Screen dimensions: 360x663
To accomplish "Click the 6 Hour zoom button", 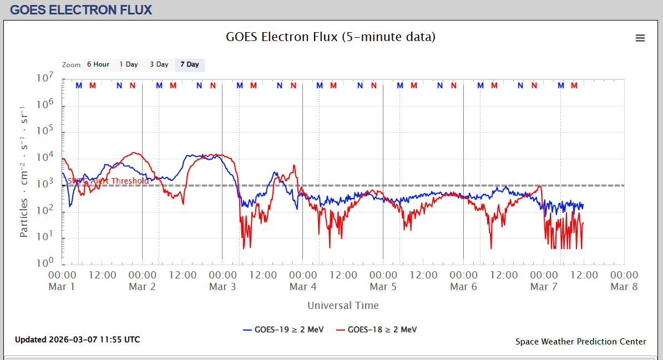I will pyautogui.click(x=98, y=65).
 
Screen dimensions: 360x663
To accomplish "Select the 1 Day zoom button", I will pyautogui.click(x=129, y=65).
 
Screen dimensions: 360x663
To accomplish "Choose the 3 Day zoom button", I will pyautogui.click(x=159, y=65).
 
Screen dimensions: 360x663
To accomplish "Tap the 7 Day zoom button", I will pyautogui.click(x=190, y=65).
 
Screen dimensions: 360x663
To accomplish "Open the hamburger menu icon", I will pyautogui.click(x=640, y=38).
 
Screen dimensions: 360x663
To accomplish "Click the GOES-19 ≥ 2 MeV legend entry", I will pyautogui.click(x=282, y=329).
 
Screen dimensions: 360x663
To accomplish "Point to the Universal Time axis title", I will pyautogui.click(x=343, y=306).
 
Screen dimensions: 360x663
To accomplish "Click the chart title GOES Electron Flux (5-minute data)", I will pyautogui.click(x=331, y=37).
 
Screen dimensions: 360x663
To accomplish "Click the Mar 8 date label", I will pyautogui.click(x=624, y=287).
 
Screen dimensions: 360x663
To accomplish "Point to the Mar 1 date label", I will pyautogui.click(x=62, y=287).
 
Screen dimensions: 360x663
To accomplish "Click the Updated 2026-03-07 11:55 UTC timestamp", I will pyautogui.click(x=78, y=339).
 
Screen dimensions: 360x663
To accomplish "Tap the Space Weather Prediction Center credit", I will pyautogui.click(x=580, y=342).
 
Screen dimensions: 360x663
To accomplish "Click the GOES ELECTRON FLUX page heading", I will pyautogui.click(x=81, y=10).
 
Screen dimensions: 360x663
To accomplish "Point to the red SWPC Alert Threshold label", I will pyautogui.click(x=108, y=181).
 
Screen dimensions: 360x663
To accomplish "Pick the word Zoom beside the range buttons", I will pyautogui.click(x=72, y=65).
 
